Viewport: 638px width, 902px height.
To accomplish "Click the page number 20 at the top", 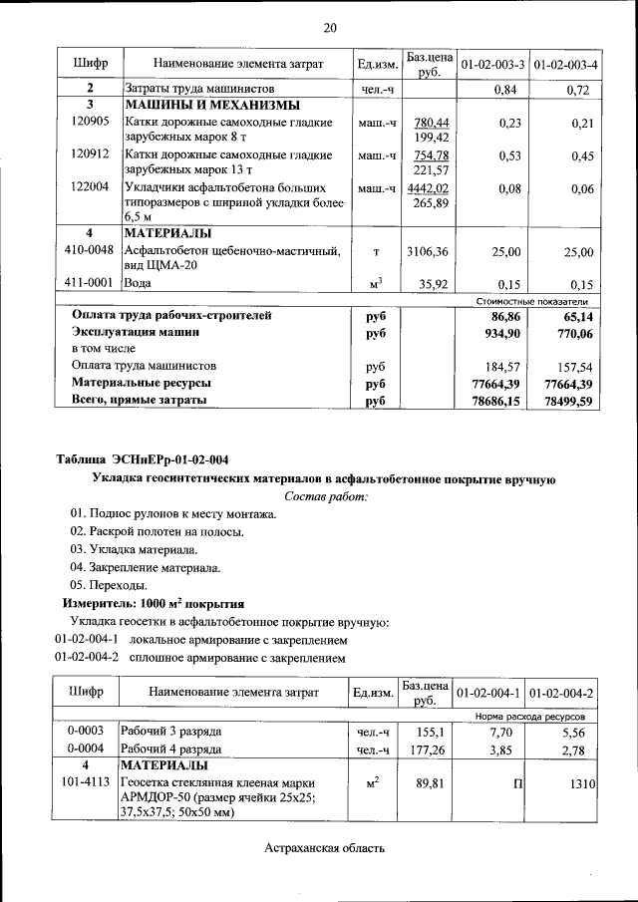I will [329, 27].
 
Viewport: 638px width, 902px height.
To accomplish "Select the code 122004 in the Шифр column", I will [91, 186].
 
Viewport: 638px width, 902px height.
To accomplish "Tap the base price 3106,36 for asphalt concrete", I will [429, 252].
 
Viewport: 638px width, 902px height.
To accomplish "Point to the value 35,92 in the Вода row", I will [433, 284].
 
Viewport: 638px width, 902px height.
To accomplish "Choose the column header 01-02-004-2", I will [562, 693].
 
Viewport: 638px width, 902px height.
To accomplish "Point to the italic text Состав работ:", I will [326, 495].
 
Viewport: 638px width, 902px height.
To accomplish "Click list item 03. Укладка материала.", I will [134, 550].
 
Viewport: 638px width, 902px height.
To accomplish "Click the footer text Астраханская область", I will [324, 848].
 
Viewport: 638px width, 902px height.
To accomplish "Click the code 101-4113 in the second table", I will [85, 783].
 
